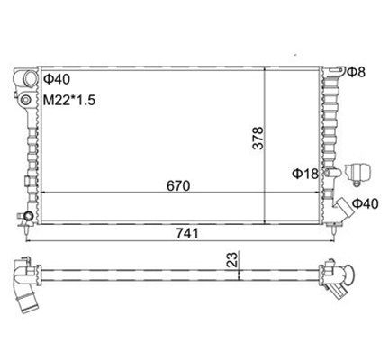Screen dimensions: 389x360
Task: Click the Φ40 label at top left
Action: click(x=57, y=79)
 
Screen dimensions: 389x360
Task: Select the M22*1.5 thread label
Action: click(x=69, y=100)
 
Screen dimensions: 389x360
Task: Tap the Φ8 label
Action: click(x=357, y=72)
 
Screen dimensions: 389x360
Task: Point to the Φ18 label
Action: click(x=305, y=174)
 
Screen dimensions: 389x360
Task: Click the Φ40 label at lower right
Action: click(x=366, y=203)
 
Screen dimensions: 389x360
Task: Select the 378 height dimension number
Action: click(x=258, y=138)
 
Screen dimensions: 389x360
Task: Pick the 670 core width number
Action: click(x=178, y=186)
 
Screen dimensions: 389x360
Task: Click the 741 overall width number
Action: click(x=187, y=233)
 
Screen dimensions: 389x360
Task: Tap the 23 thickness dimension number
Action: click(x=232, y=260)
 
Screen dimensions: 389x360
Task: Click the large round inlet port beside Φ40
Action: click(x=30, y=78)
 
